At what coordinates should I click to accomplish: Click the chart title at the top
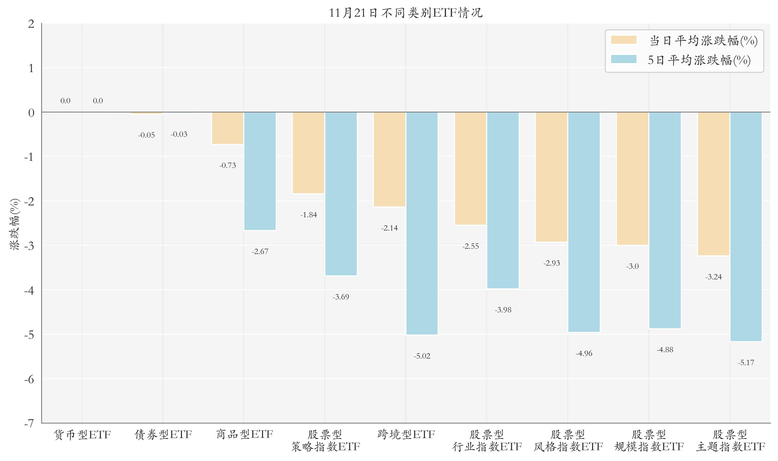coord(405,13)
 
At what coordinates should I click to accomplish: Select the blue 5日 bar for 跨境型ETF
coord(422,223)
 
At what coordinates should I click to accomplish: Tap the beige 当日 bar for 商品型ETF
coord(227,128)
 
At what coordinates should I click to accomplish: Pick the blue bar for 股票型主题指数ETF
coord(746,227)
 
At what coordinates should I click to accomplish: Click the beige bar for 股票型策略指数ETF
coord(308,153)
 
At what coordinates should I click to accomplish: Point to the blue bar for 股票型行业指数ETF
coord(503,200)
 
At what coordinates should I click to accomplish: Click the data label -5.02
coord(422,356)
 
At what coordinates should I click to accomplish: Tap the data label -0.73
coord(227,165)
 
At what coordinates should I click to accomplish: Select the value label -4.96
coord(584,354)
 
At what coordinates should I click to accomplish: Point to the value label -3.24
coord(713,277)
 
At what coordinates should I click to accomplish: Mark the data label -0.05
coord(146,135)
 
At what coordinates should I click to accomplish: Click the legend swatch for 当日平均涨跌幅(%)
coord(623,40)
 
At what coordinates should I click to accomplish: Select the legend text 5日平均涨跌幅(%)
coord(699,60)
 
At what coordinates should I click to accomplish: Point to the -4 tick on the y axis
coord(29,290)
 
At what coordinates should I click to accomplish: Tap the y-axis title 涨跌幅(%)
coord(14,224)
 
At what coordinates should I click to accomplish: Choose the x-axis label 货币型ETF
coord(82,434)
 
